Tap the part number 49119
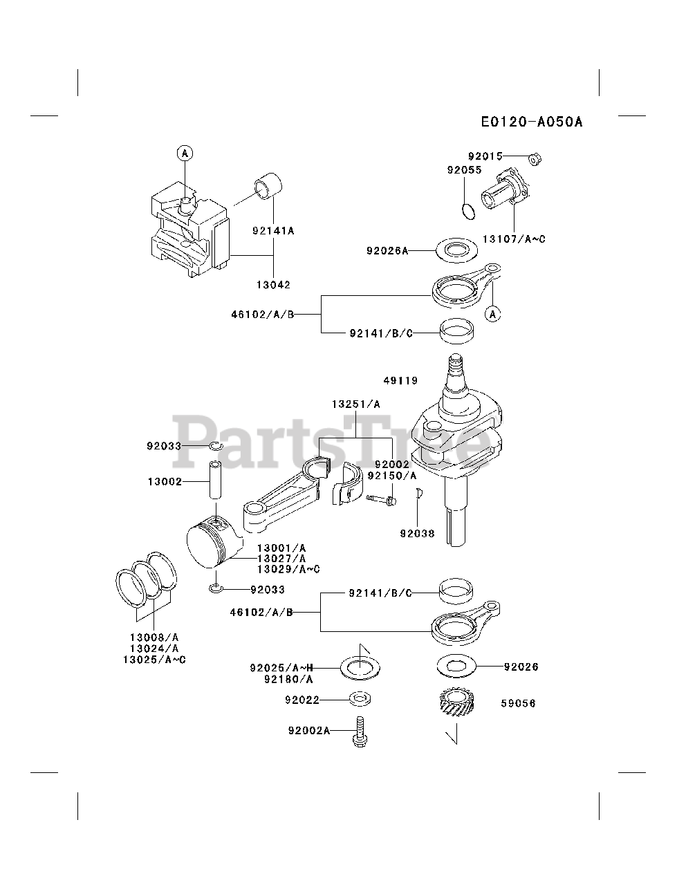[x=401, y=380]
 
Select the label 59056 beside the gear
[x=518, y=703]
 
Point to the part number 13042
[x=274, y=284]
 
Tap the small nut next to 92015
[x=535, y=160]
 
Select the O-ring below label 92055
[x=468, y=210]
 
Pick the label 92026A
[x=387, y=250]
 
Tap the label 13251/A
[x=355, y=404]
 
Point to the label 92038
[x=417, y=533]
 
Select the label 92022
[x=302, y=700]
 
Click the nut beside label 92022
[x=359, y=700]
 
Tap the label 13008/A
[x=154, y=637]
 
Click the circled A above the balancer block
[x=185, y=153]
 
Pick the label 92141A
[x=273, y=231]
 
